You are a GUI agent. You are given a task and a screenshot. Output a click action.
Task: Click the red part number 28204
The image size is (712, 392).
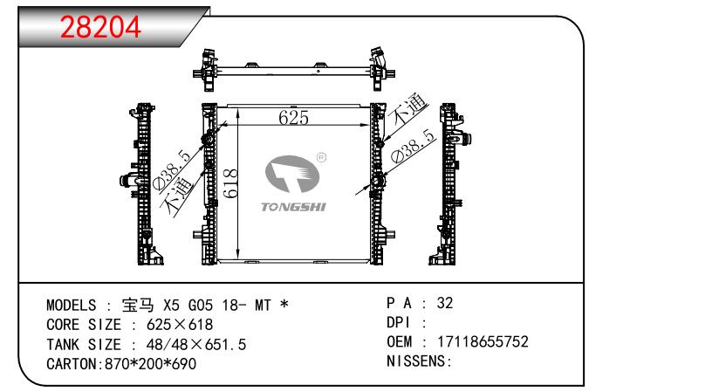pos(100,27)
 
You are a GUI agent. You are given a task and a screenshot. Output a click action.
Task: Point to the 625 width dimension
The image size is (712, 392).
pos(294,118)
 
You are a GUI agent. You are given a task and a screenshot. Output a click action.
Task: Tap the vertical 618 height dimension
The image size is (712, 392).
pos(230,183)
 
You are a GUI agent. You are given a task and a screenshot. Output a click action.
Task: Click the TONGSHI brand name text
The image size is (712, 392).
pos(293,207)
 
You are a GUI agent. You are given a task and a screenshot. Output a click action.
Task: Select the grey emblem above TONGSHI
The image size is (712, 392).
pos(292,174)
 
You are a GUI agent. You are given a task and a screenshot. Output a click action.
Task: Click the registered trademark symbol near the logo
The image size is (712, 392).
pos(321,158)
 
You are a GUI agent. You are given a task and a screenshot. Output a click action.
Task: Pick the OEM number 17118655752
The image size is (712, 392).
pos(483,341)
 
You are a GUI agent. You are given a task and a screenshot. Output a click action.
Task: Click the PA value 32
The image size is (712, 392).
pos(445,303)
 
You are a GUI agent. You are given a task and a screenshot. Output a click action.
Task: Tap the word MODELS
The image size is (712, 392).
pos(72,306)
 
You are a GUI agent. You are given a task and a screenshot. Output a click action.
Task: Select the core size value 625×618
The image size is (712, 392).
pos(180,325)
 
